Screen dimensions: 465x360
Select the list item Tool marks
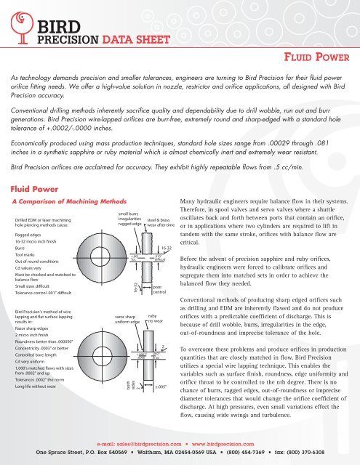pos(25,256)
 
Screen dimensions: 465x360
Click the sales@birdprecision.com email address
pos(135,440)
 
